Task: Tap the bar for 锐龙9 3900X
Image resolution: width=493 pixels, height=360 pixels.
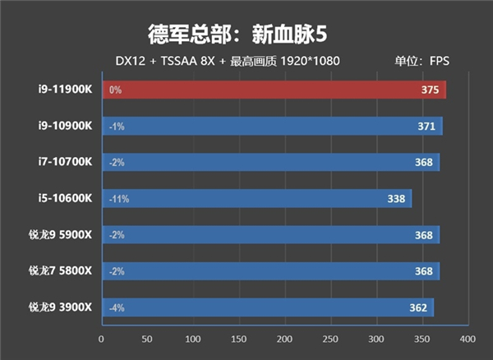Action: [267, 307]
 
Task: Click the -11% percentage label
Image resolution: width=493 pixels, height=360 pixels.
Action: [118, 199]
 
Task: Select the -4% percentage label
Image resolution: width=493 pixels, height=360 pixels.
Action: [116, 307]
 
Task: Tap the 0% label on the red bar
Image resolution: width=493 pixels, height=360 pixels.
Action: [114, 90]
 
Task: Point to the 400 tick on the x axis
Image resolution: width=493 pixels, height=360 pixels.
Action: [467, 339]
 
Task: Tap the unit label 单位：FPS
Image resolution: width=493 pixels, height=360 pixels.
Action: [422, 62]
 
